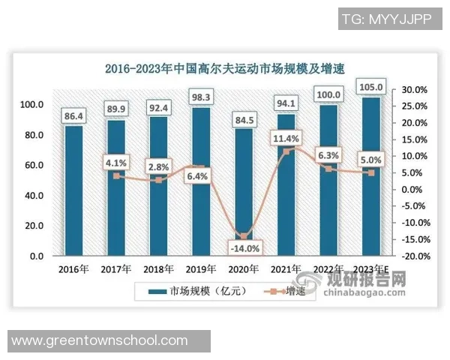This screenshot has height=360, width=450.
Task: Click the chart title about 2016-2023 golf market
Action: [225, 70]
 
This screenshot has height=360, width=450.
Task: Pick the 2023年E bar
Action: [373, 176]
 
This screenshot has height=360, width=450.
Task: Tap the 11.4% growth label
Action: [287, 138]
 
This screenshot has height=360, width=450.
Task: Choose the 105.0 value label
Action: [373, 88]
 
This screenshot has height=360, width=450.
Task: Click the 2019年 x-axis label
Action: [202, 268]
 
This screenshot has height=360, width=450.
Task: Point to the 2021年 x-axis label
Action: [287, 268]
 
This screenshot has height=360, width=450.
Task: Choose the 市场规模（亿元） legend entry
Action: [184, 290]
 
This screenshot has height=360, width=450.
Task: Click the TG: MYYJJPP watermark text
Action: [386, 18]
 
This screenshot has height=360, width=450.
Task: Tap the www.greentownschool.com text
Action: [100, 340]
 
